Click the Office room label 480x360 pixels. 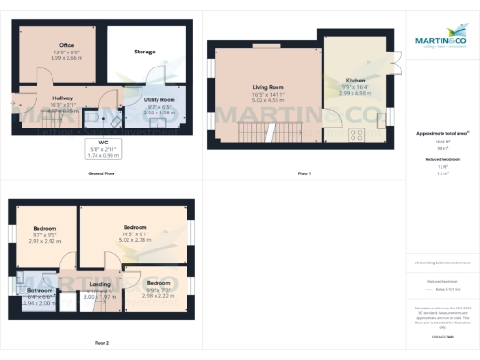pos(67,45)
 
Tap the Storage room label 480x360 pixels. pos(144,52)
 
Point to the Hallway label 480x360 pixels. pos(63,97)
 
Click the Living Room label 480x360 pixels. pos(268,91)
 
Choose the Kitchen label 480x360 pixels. pos(355,81)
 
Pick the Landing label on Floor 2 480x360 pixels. pos(99,283)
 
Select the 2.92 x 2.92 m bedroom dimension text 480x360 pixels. pos(46,241)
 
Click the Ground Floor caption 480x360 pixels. pos(102,173)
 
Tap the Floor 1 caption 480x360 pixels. pos(304,173)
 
